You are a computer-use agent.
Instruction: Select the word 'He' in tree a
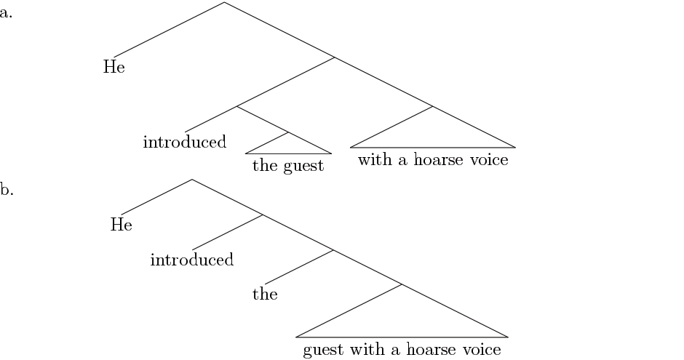click(114, 68)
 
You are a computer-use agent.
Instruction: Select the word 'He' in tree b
click(121, 225)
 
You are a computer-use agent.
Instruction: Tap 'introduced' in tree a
click(185, 141)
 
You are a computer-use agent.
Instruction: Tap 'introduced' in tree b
click(192, 259)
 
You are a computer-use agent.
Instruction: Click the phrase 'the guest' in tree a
click(288, 165)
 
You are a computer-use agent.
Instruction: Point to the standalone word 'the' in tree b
click(265, 294)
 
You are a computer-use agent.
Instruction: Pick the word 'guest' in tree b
click(324, 351)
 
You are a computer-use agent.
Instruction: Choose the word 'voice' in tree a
click(488, 160)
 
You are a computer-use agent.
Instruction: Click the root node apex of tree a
click(224, 3)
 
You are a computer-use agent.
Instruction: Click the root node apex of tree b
click(192, 180)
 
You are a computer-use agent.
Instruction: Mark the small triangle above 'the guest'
click(288, 145)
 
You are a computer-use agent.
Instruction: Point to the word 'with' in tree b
click(367, 350)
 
